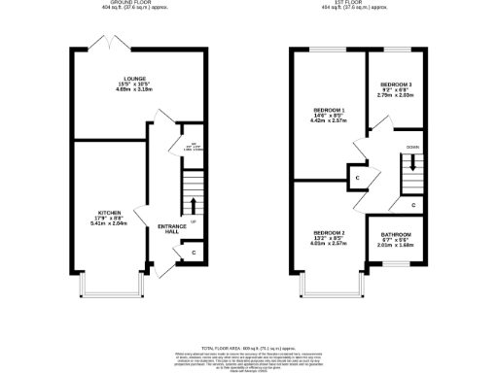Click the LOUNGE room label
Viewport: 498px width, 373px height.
coord(135,78)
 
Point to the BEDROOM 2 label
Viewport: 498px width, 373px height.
coord(328,233)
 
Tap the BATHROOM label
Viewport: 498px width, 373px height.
coord(395,235)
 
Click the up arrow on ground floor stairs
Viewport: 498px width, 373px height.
coord(192,205)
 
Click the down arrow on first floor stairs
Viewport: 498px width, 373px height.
coord(412,163)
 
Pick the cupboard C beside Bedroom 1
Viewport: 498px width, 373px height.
coord(358,179)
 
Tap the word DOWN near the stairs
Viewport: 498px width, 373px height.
coord(412,147)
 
